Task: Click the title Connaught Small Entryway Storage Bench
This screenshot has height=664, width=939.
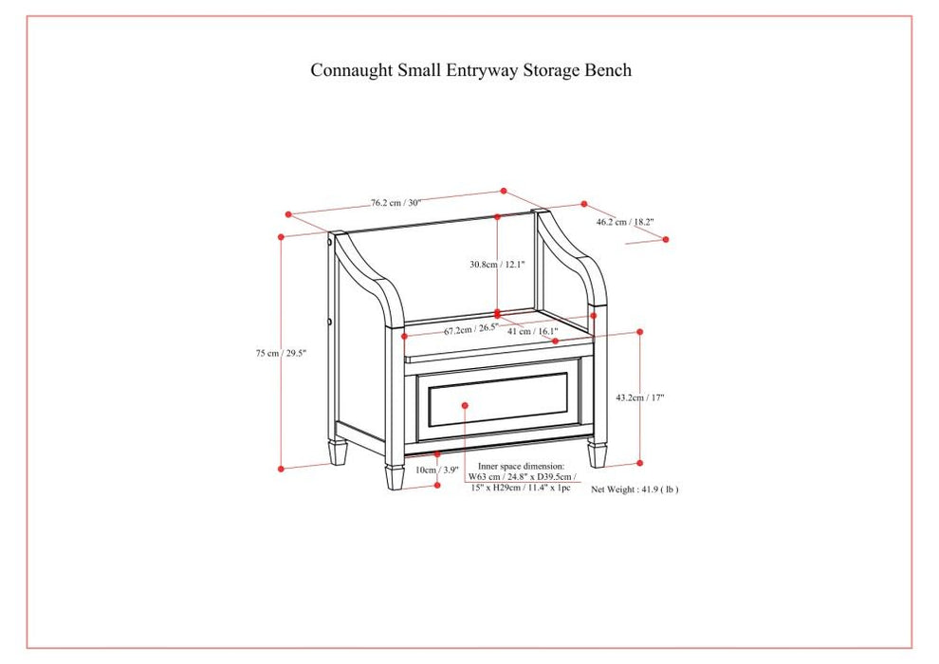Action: tap(470, 70)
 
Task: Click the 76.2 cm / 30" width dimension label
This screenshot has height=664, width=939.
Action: tap(396, 202)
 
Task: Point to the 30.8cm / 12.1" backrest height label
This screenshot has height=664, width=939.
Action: tap(496, 265)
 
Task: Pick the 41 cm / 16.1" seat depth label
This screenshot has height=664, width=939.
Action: tap(532, 331)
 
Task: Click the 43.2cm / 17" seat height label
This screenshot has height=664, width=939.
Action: tap(640, 397)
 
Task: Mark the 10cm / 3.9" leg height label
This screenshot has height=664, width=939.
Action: tap(437, 470)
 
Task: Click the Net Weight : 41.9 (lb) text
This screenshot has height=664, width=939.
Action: tap(635, 489)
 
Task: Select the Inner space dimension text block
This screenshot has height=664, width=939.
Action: tap(521, 477)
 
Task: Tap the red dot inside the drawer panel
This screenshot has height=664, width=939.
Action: tap(466, 405)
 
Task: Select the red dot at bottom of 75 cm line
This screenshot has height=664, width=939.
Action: tap(281, 468)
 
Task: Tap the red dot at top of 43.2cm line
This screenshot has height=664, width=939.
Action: tap(640, 332)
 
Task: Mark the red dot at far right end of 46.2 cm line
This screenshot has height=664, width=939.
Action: tap(665, 239)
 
